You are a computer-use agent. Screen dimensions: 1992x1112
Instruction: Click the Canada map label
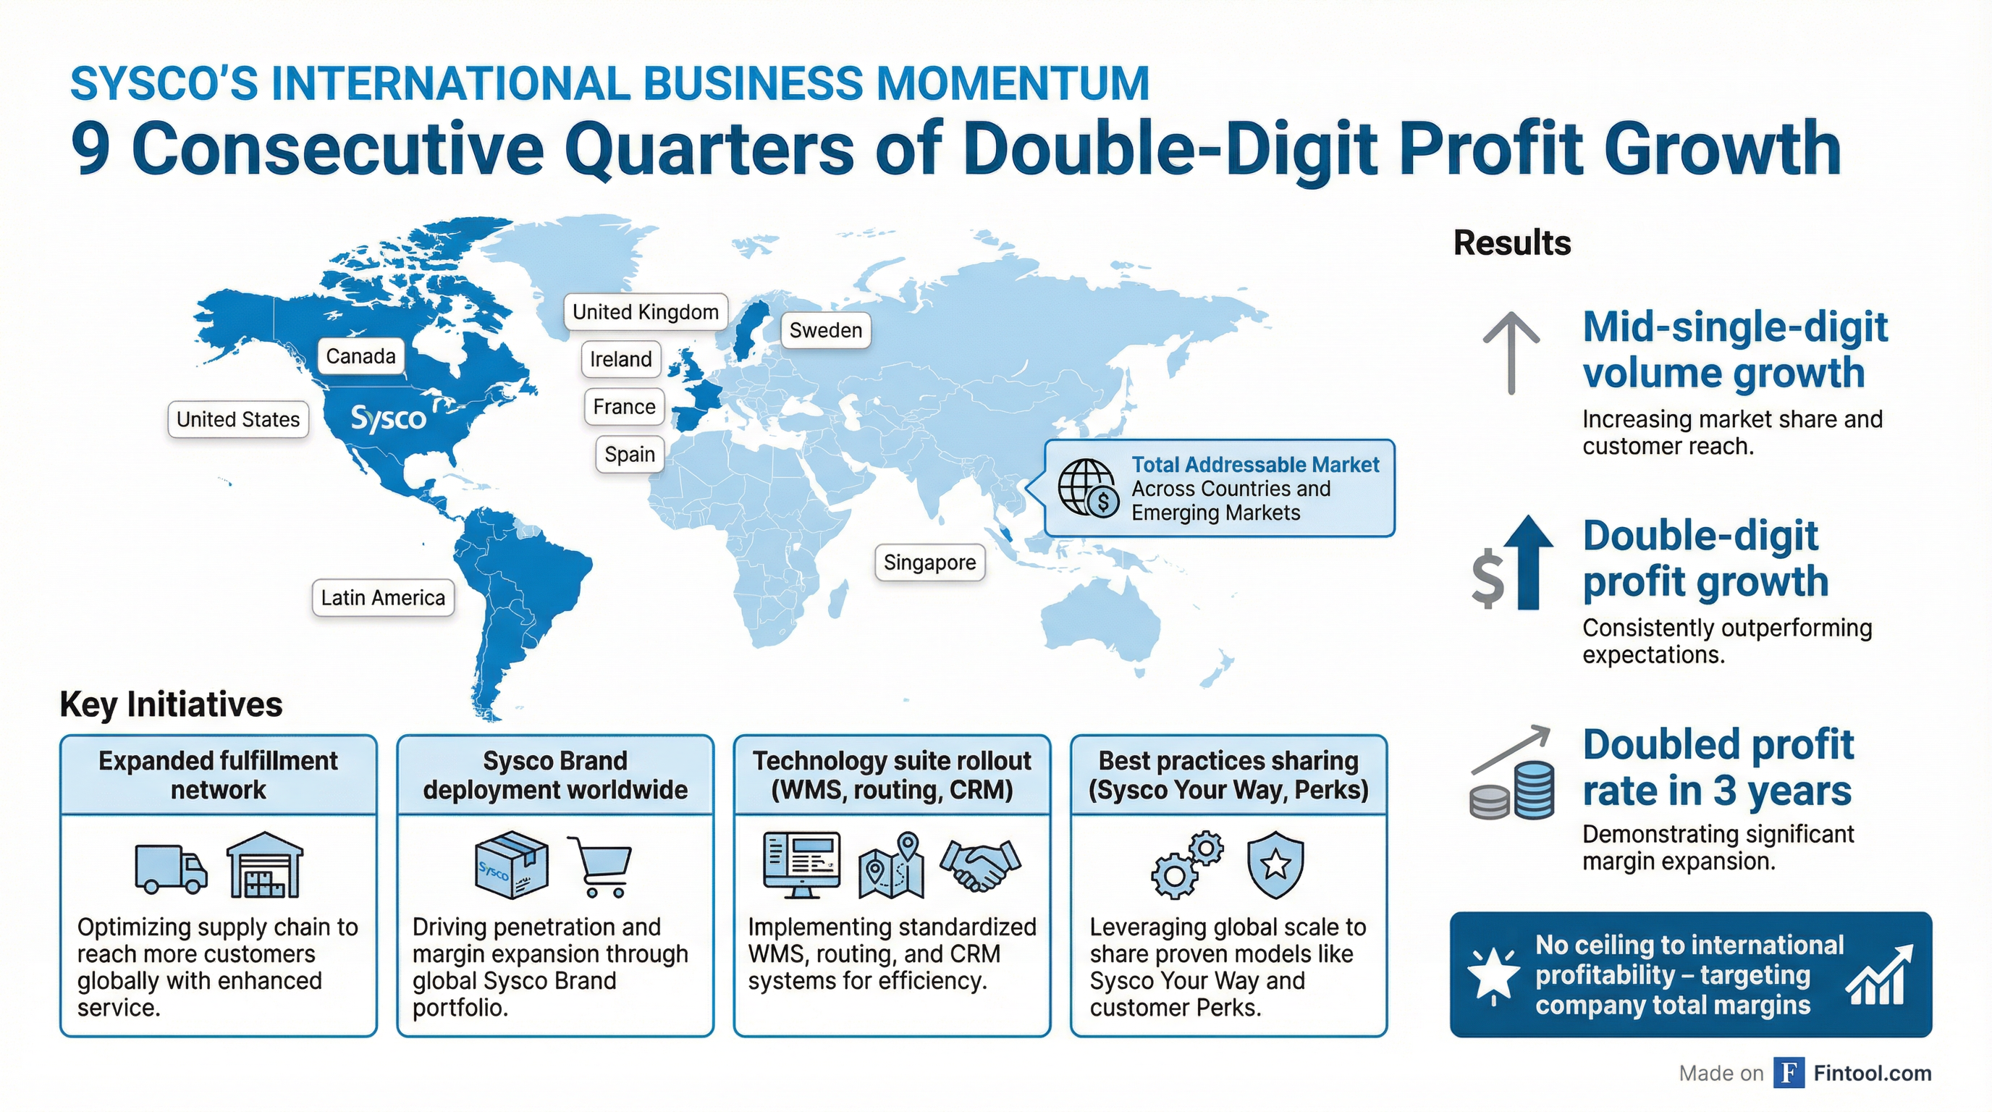pos(360,356)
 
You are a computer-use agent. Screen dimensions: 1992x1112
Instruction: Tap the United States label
pos(238,420)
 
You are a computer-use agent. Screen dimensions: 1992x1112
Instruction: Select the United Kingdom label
pos(646,313)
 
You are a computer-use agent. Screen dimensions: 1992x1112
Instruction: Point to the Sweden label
pos(826,331)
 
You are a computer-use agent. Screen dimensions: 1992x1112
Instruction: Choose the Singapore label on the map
pos(929,563)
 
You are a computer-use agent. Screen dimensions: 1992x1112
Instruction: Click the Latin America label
pos(383,598)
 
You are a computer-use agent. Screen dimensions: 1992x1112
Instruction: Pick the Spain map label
pos(630,455)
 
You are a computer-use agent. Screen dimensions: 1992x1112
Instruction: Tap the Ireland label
pos(621,360)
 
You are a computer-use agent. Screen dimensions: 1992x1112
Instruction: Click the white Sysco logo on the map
pos(388,418)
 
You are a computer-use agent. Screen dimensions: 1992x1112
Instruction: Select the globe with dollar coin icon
pos(1088,488)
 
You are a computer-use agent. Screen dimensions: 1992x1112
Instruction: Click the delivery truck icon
pos(171,869)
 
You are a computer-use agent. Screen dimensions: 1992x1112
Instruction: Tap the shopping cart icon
pos(599,866)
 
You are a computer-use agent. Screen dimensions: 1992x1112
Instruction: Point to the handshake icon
pos(981,864)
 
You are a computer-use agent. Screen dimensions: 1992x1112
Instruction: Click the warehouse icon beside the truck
pos(264,864)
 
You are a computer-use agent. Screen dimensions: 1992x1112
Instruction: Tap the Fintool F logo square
pos(1789,1073)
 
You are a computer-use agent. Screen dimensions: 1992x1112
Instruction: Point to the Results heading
pos(1512,243)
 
